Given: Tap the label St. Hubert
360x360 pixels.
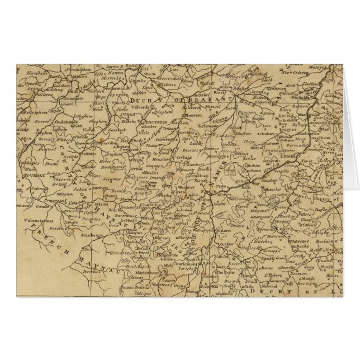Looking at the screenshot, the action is (x=276, y=275).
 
